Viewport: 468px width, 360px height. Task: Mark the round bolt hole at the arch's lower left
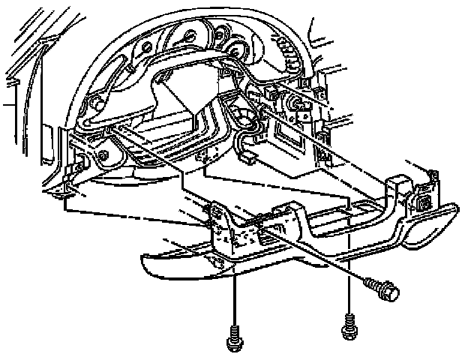tap(100, 158)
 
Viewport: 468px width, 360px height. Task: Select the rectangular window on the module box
tap(289, 132)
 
